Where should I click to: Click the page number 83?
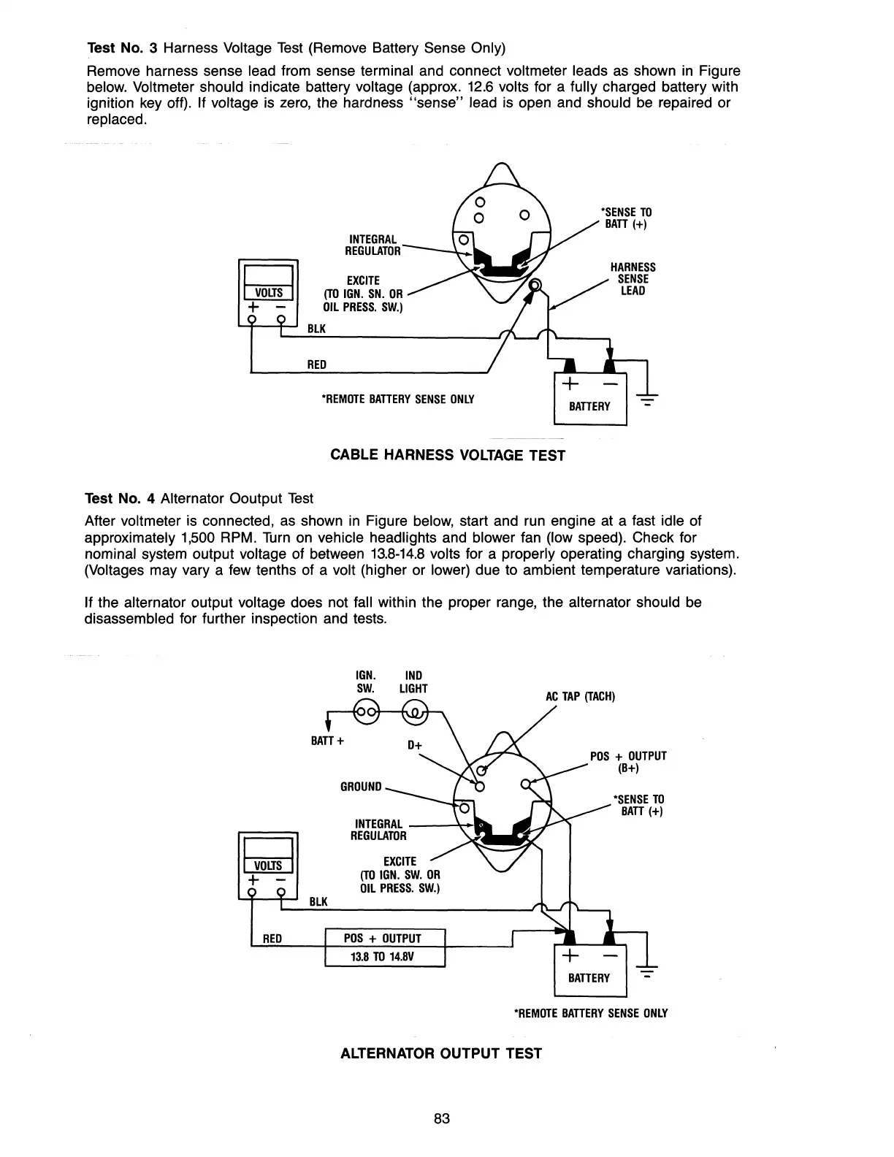click(441, 1118)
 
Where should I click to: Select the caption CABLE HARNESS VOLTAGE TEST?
click(448, 455)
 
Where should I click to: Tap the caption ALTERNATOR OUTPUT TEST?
click(441, 1053)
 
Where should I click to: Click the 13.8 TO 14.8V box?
click(384, 957)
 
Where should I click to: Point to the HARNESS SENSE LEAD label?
click(633, 279)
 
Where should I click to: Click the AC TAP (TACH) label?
click(581, 696)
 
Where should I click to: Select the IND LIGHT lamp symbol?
click(415, 711)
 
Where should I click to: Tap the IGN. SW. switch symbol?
click(365, 711)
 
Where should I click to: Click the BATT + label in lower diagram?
click(328, 741)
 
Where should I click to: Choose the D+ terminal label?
click(415, 746)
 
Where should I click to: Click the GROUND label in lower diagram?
click(361, 787)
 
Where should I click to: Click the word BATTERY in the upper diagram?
click(589, 406)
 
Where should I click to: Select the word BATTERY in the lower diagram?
click(589, 978)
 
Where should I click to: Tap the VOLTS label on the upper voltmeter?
click(268, 293)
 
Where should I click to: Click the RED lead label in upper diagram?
click(317, 364)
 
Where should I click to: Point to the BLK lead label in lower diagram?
click(318, 901)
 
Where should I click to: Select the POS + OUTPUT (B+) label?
click(628, 762)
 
